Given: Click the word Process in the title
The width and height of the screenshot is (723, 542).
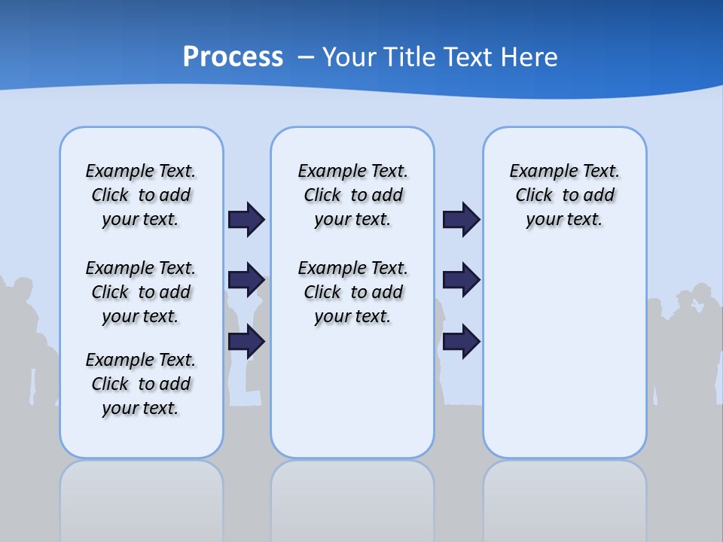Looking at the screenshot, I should [x=233, y=57].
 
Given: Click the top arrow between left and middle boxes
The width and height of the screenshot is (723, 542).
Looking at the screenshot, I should [x=246, y=219].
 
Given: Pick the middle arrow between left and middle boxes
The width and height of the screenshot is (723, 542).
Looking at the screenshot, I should [x=246, y=280].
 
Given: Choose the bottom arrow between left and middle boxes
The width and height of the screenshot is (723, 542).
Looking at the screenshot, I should [x=246, y=342].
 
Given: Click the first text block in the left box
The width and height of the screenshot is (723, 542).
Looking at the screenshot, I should [x=141, y=195].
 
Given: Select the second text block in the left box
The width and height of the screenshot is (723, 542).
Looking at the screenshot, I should [x=141, y=292].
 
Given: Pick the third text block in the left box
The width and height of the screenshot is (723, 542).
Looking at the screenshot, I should [x=141, y=384].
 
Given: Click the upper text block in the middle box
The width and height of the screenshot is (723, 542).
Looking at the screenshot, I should [x=353, y=195].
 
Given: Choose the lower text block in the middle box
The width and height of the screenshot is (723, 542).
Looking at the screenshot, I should [x=353, y=292].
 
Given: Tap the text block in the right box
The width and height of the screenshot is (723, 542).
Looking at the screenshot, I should [x=565, y=195].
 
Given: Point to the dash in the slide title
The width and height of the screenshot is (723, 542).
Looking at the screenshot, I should [x=306, y=57].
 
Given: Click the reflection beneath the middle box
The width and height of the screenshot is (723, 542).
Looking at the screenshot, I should [x=352, y=497].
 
